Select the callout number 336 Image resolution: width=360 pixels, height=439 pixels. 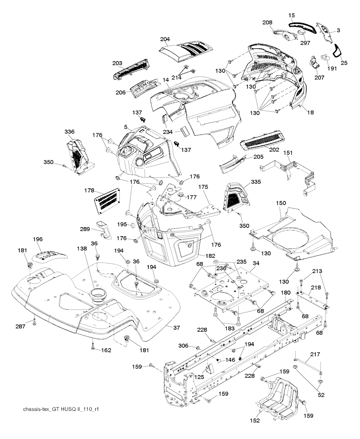[x=70, y=132]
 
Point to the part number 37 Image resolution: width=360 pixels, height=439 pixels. [x=176, y=328]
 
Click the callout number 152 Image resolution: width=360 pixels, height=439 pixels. [x=255, y=420]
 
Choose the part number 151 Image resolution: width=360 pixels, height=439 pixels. [x=288, y=153]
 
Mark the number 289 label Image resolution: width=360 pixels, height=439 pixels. [x=85, y=229]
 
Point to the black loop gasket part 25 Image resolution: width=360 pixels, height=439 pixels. [x=338, y=51]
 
